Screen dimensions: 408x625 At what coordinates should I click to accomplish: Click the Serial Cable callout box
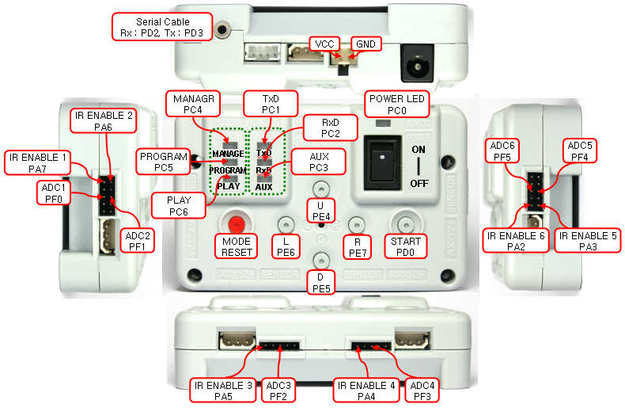pos(162,27)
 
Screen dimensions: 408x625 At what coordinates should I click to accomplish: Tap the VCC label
pos(324,44)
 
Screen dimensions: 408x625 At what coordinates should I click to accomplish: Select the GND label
pos(366,44)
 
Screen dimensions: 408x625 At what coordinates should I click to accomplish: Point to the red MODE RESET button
pos(235,221)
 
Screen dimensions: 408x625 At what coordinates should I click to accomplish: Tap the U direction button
pos(320,189)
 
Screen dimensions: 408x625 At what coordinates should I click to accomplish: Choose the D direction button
pos(320,259)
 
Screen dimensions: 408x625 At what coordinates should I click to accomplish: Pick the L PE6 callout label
pos(285,246)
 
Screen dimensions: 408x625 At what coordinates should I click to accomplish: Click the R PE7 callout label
pos(357,246)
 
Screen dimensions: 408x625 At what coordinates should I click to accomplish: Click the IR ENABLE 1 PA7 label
pos(37,162)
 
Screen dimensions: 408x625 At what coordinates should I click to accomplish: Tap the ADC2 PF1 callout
pos(136,240)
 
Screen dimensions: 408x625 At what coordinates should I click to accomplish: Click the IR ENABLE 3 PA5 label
pos(223,391)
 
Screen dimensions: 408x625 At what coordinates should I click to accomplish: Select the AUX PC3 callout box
pos(320,162)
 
